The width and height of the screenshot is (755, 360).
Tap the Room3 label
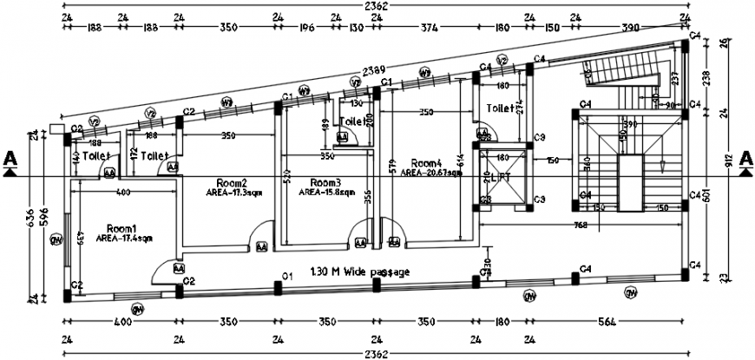[x=325, y=182]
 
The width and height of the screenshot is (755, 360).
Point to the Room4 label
[x=427, y=162]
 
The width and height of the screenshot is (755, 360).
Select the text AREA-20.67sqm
[x=431, y=173]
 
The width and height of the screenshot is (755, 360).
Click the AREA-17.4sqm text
[x=125, y=237]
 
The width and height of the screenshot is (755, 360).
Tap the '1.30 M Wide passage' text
[x=359, y=272]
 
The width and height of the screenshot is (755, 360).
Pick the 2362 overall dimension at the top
[x=376, y=6]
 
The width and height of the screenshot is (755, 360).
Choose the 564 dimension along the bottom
[x=607, y=322]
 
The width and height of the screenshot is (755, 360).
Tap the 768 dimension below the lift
[x=581, y=226]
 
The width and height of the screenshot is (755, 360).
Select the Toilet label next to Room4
[x=500, y=109]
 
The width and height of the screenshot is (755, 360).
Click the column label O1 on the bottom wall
[x=285, y=275]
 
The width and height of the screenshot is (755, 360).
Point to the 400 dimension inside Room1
[x=123, y=191]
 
